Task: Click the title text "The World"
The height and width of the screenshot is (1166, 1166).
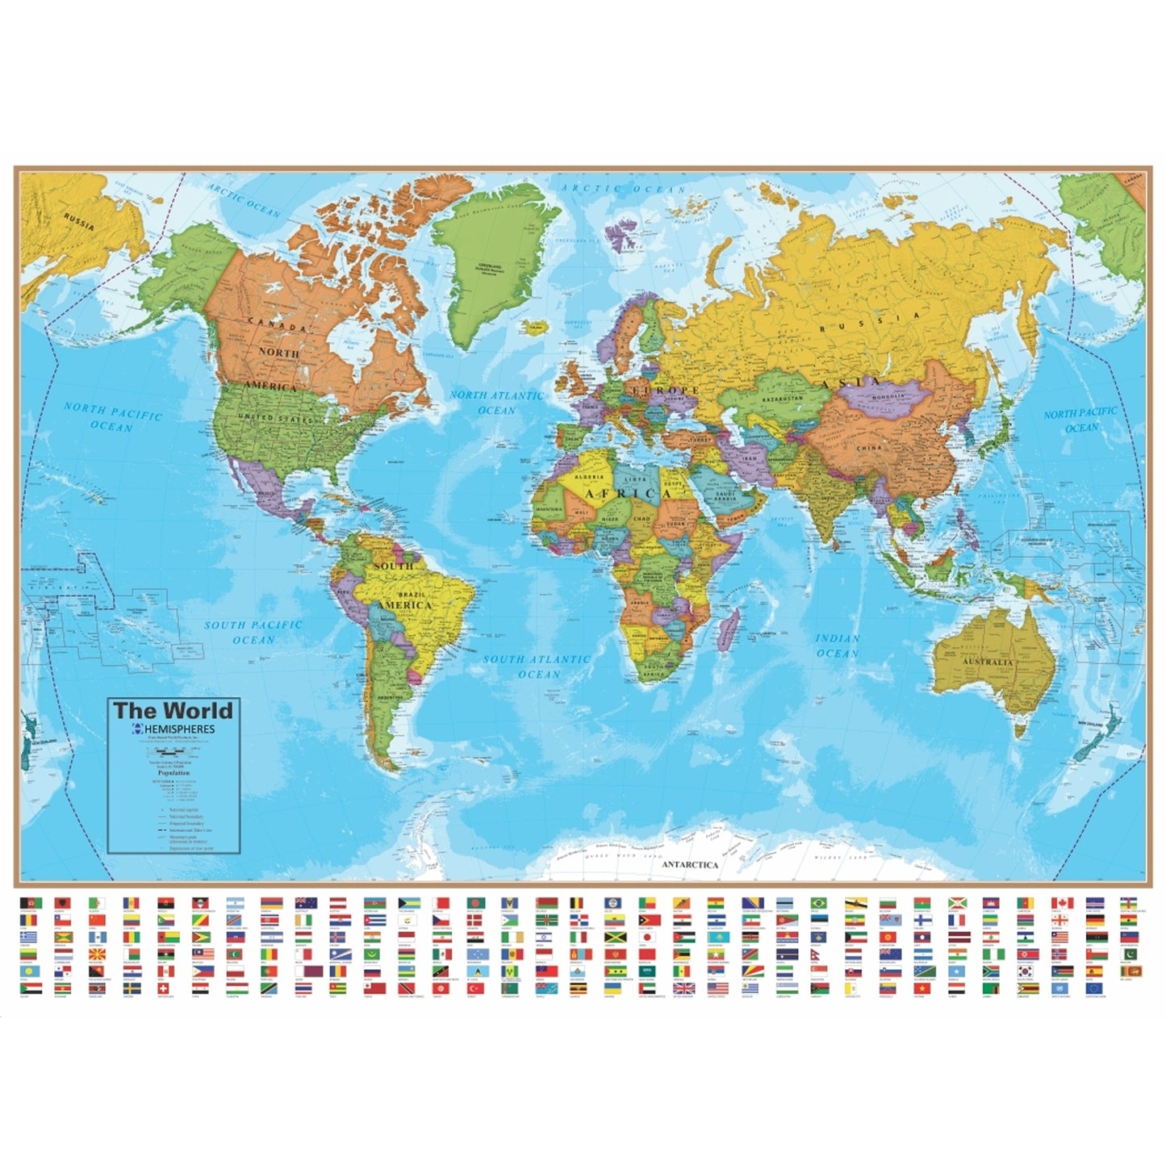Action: click(x=173, y=711)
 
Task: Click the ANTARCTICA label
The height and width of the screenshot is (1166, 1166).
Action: click(x=690, y=864)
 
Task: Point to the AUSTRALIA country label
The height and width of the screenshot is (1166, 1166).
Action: click(x=987, y=662)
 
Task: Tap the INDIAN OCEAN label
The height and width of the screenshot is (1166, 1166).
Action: click(x=838, y=646)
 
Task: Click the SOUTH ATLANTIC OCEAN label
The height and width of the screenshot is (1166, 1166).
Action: click(x=537, y=667)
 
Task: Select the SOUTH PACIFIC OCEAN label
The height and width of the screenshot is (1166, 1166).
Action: click(x=253, y=632)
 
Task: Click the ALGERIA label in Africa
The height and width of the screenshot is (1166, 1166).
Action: click(x=588, y=477)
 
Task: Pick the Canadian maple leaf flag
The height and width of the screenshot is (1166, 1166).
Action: click(x=1059, y=902)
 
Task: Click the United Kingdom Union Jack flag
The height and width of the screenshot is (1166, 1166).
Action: click(x=683, y=988)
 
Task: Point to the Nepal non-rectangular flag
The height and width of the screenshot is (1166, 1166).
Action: click(x=817, y=955)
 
